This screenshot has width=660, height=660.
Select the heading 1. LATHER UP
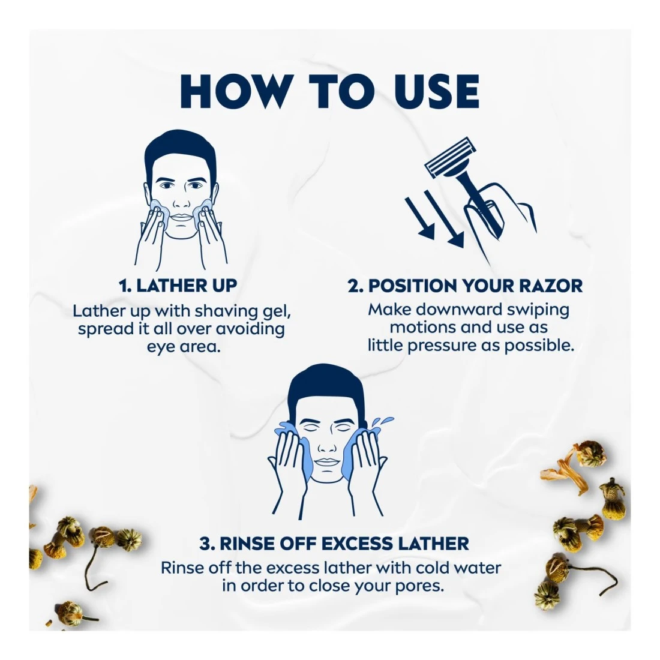(x=178, y=286)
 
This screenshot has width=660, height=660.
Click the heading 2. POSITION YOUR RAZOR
(x=465, y=286)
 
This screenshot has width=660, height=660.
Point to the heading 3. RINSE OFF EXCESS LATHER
(x=334, y=544)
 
